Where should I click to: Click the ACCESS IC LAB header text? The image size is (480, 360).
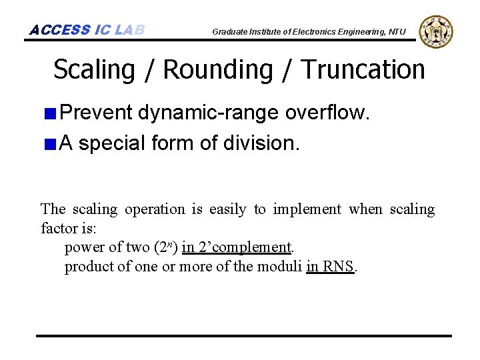coord(87,30)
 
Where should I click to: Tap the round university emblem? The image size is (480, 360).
coord(436,31)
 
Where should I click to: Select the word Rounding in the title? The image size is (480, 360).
coord(218,69)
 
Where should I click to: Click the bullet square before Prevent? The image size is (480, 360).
coord(50,113)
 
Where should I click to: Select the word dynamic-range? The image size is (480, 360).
coord(209,113)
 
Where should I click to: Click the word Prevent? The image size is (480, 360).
coord(96,112)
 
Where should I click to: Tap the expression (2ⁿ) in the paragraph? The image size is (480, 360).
coord(165,247)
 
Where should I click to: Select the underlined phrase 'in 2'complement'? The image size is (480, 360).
coord(237,247)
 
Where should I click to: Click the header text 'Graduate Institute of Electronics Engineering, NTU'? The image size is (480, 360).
coord(309,31)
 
